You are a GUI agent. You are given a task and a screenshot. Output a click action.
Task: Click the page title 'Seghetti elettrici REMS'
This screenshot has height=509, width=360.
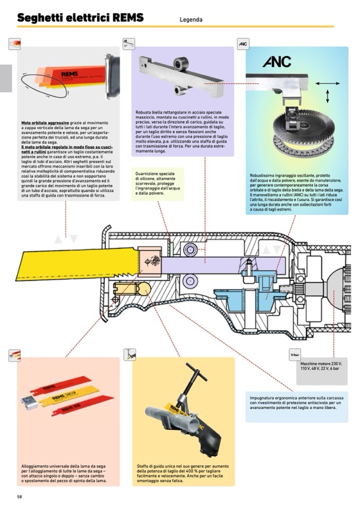tap(80, 18)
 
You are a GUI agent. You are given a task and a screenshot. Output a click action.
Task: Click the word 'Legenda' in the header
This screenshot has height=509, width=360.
tap(191, 20)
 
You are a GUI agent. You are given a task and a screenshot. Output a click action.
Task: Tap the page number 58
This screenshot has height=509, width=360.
tap(20, 497)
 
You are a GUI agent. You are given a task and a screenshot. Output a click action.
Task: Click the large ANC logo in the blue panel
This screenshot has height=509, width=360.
tap(277, 62)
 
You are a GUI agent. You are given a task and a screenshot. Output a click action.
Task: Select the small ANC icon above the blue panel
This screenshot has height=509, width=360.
tap(243, 44)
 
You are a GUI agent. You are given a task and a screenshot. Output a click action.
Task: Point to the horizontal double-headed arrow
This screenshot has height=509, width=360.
tap(327, 83)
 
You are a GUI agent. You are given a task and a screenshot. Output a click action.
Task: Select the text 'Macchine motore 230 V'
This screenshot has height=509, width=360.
tap(321, 364)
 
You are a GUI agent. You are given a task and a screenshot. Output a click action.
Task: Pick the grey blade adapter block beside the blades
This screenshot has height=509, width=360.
tap(29, 402)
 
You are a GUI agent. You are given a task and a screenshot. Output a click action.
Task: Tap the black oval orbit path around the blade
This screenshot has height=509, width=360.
tap(44, 85)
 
